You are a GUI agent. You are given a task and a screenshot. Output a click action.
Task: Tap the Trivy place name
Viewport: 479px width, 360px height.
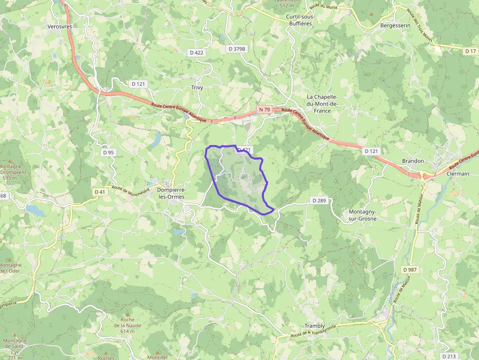click(197, 87)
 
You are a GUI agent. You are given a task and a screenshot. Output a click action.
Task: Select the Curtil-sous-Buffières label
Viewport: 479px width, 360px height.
click(300, 20)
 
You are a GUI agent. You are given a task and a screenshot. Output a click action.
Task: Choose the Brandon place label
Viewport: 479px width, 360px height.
click(413, 161)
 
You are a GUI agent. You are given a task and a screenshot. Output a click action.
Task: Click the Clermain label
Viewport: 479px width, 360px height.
click(457, 174)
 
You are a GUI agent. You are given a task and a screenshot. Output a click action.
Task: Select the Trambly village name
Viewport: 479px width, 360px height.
click(314, 326)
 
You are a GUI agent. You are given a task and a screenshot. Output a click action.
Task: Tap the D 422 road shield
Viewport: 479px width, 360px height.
click(196, 52)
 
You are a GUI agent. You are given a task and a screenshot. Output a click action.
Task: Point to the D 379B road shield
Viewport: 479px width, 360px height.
click(238, 49)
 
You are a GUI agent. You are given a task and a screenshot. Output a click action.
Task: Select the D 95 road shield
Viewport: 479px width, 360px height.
click(108, 152)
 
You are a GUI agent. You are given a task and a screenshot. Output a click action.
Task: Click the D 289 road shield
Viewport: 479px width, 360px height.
click(318, 200)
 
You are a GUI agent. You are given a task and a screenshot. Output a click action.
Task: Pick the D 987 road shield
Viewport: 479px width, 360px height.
click(410, 270)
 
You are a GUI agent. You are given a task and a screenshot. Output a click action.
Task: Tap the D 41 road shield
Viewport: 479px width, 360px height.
click(100, 192)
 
